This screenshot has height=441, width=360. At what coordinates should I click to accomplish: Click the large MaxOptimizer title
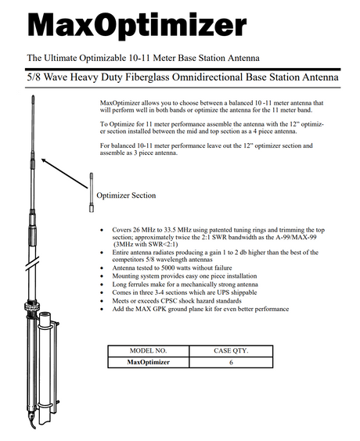pyautogui.click(x=137, y=25)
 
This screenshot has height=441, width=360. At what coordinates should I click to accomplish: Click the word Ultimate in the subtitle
pyautogui.click(x=60, y=58)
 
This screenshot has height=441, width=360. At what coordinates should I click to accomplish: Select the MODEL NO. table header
pyautogui.click(x=149, y=351)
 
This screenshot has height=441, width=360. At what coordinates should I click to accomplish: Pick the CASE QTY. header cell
pyautogui.click(x=231, y=351)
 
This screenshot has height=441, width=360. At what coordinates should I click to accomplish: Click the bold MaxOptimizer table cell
pyautogui.click(x=149, y=362)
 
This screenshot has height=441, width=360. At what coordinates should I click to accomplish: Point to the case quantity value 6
pyautogui.click(x=231, y=362)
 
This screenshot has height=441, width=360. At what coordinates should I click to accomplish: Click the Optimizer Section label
pyautogui.click(x=126, y=195)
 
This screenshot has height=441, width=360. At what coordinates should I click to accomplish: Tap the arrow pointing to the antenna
pyautogui.click(x=64, y=174)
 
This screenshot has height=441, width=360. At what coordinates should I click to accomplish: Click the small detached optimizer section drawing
pyautogui.click(x=92, y=192)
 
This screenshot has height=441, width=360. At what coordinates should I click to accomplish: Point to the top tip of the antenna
pyautogui.click(x=33, y=96)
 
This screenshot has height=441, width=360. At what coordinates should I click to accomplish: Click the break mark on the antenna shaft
pyautogui.click(x=32, y=263)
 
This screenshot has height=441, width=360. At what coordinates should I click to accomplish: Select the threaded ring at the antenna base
pyautogui.click(x=32, y=306)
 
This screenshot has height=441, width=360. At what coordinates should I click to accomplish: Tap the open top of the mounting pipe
pyautogui.click(x=45, y=314)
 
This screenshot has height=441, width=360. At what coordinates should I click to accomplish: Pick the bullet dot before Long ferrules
pyautogui.click(x=102, y=285)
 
